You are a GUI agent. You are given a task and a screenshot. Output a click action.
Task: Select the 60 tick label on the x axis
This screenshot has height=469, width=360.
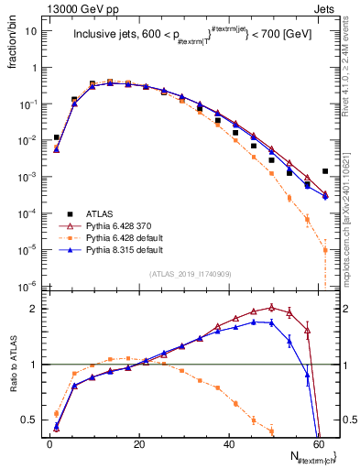[x=317, y=443]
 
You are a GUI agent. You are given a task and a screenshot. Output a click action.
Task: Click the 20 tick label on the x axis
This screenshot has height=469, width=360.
[x=138, y=443]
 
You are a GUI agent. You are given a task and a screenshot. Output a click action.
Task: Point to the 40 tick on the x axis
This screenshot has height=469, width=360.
[x=228, y=443]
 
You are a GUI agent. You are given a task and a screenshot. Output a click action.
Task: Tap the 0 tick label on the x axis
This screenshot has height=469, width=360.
[x=49, y=443]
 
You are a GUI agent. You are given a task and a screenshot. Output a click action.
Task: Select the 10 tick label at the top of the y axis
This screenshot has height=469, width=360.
[x=30, y=30]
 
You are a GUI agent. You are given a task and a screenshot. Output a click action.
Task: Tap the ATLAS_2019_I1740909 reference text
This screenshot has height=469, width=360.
[x=189, y=274]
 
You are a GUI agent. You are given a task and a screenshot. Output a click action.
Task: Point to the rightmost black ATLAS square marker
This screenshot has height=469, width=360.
[x=325, y=171]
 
